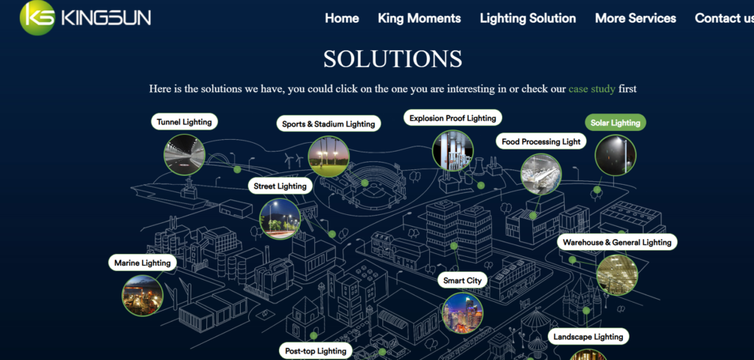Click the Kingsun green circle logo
click(x=38, y=18)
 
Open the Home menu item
click(x=342, y=18)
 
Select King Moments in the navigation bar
click(x=419, y=18)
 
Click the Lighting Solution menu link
click(x=528, y=18)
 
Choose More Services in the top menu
click(x=635, y=18)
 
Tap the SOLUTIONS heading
click(x=393, y=59)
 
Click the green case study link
click(x=592, y=89)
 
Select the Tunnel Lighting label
click(x=184, y=121)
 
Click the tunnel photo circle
click(x=185, y=155)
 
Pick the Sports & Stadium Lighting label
click(x=328, y=124)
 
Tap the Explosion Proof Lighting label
click(x=453, y=118)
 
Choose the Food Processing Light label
click(x=541, y=141)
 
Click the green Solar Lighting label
click(x=616, y=122)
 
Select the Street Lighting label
click(x=281, y=186)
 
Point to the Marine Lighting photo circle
click(x=142, y=295)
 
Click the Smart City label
click(x=462, y=280)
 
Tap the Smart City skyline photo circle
click(x=462, y=313)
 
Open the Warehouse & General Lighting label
click(x=617, y=241)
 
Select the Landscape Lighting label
click(x=588, y=336)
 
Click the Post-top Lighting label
click(x=315, y=350)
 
